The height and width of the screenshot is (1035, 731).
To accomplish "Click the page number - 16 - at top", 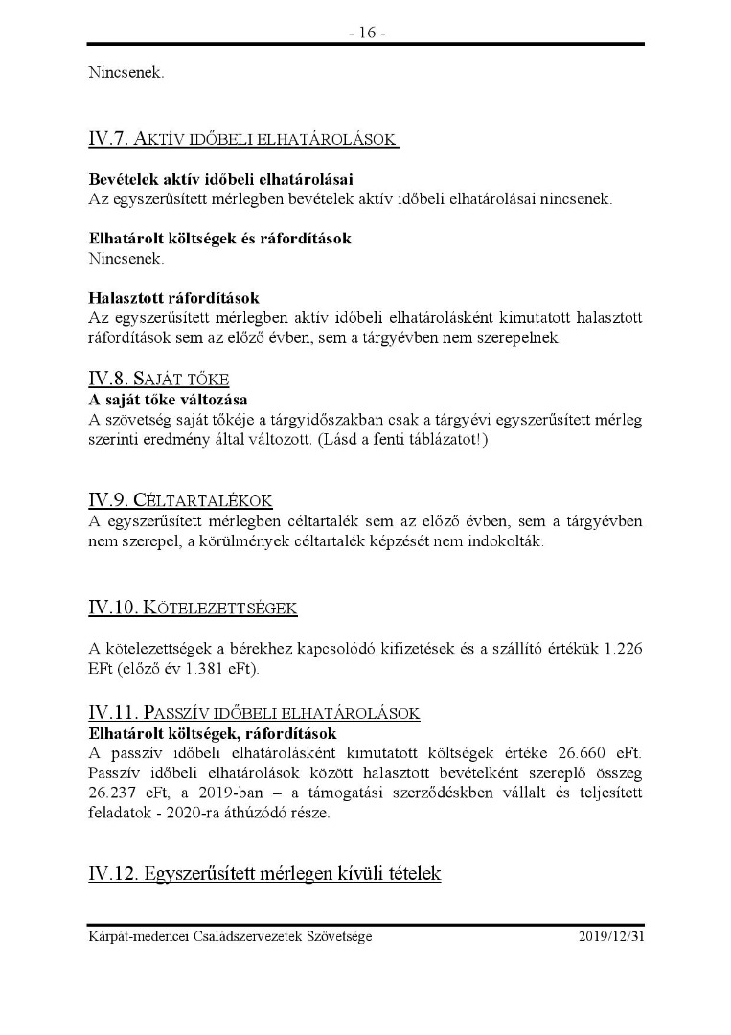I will tap(366, 33).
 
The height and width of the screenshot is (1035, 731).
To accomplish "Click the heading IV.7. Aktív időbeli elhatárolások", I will tap(243, 140).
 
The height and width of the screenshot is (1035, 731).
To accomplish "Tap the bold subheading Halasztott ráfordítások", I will tap(173, 298).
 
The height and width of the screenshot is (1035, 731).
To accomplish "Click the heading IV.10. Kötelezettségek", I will tap(194, 608).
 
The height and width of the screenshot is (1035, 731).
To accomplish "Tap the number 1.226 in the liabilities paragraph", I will tap(623, 648).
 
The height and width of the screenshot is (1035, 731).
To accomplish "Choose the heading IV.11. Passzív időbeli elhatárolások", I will tap(254, 713).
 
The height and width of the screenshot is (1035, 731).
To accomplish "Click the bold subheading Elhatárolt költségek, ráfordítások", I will tap(213, 734).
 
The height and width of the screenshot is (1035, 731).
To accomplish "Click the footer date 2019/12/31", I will tap(611, 936).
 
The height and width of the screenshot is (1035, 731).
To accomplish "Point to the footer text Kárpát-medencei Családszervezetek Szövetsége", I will tap(230, 936).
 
